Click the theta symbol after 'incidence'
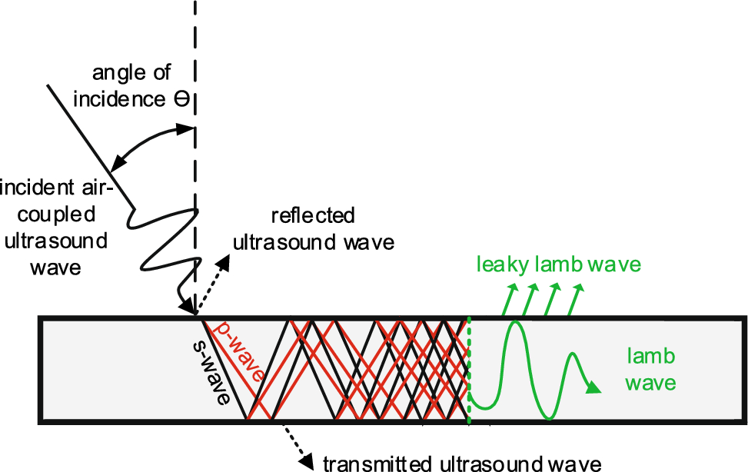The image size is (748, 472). coord(185,101)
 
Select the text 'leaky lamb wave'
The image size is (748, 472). coord(558,265)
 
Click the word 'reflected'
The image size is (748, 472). coord(313,215)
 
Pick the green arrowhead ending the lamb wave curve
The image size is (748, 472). coord(592,388)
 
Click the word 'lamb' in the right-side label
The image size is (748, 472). coord(650,356)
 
